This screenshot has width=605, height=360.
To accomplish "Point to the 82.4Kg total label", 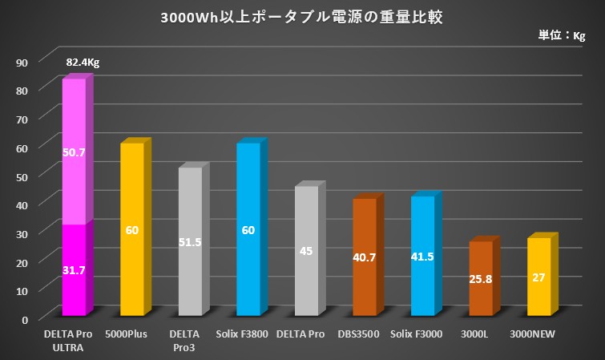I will click(83, 62).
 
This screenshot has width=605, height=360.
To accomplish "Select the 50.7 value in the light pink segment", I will click(74, 150).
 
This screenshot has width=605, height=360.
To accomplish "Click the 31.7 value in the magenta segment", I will click(74, 270).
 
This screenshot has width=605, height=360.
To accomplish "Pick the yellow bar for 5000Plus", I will click(132, 229).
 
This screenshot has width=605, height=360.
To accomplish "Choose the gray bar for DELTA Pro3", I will click(190, 241).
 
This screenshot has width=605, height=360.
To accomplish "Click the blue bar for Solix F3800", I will click(248, 229).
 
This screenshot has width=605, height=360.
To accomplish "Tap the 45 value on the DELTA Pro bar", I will click(306, 251).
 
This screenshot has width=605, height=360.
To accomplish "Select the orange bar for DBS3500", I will click(365, 257).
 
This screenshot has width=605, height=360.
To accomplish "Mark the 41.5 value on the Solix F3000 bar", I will click(422, 257).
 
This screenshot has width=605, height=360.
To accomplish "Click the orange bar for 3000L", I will click(480, 278).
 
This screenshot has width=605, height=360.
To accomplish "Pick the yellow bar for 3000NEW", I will click(538, 277).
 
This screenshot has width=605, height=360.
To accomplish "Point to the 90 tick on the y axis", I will click(22, 62).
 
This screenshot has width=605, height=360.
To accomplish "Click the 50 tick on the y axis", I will click(22, 176).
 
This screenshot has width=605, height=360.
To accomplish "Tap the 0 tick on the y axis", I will click(25, 318).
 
